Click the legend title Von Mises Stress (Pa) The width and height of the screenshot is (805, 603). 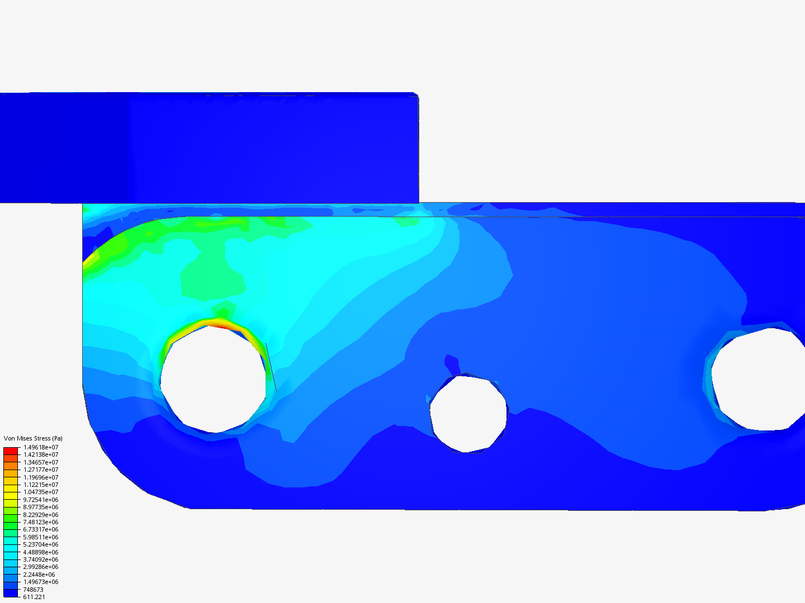[x=33, y=438]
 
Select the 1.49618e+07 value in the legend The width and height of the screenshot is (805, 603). [x=41, y=447]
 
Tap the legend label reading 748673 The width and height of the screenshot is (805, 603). [x=33, y=590]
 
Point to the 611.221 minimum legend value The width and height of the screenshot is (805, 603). [x=34, y=597]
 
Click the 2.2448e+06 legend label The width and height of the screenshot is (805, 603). [x=39, y=575]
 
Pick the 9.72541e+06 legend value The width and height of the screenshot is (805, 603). [x=41, y=499]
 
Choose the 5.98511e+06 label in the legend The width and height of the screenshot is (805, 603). [x=41, y=537]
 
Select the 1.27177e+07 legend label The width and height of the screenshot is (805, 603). [x=41, y=470]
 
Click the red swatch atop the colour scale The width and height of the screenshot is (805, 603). [x=11, y=451]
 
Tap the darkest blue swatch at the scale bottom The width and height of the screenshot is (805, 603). [x=11, y=593]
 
